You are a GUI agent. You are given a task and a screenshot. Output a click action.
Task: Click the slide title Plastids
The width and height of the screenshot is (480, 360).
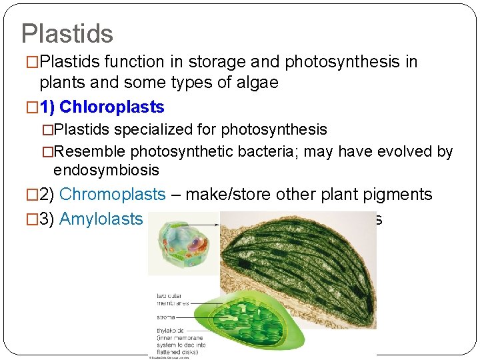tap(67, 33)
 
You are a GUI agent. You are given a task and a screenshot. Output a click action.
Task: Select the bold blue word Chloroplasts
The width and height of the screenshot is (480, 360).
tap(112, 107)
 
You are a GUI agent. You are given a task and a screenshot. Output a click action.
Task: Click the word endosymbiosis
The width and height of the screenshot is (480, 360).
tap(106, 170)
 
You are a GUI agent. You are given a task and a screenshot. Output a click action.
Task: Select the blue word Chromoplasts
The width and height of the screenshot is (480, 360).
tap(112, 195)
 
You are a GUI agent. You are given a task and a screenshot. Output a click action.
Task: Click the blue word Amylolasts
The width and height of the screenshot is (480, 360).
tap(101, 219)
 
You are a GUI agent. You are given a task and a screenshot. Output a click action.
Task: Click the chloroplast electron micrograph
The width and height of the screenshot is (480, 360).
tap(300, 267)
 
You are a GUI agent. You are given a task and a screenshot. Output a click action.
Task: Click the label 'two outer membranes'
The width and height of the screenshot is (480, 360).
tap(173, 299)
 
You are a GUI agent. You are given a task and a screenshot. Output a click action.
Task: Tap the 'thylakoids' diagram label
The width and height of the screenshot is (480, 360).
tap(167, 330)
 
